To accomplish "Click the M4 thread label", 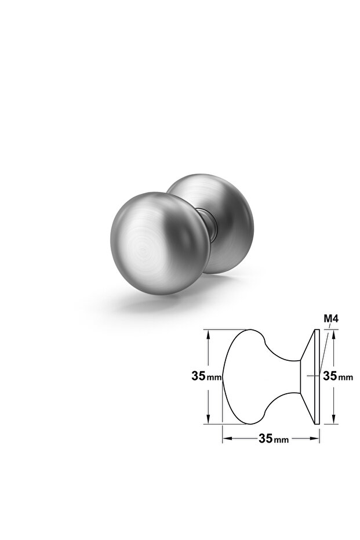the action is point(331,319).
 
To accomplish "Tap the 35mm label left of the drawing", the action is point(206,376).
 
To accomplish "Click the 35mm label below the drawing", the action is point(274,438).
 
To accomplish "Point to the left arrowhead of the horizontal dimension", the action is point(227,438).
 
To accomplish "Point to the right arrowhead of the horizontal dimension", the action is point(315,438).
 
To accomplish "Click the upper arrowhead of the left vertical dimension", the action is point(208,335).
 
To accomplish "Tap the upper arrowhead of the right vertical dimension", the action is point(333,335).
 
